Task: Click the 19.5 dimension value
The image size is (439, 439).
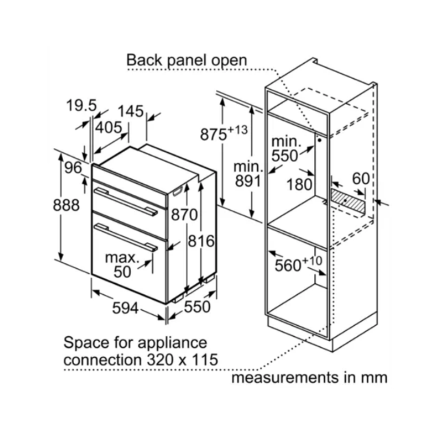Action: pos(82,106)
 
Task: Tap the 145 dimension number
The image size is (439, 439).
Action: pos(130,111)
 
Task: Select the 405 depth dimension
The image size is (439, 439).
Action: pos(108,128)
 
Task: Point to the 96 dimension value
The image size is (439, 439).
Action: pos(73,167)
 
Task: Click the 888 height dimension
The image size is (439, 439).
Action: pos(67,205)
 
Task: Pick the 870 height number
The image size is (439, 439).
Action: pos(185,215)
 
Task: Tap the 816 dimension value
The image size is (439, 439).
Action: pos(201,241)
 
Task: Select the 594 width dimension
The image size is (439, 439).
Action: pos(126,308)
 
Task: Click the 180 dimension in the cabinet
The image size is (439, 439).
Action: pos(300,185)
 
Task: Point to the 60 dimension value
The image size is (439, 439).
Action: pos(361,178)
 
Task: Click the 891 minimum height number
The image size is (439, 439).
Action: pos(248,181)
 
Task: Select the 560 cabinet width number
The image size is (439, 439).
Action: pos(288,265)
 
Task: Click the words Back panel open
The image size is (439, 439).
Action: pos(187,60)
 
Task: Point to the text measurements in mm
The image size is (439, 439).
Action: pos(309,377)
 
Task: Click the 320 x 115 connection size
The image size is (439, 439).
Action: pos(182,359)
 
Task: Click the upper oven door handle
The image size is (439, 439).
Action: pos(126,202)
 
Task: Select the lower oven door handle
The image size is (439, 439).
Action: pos(126,237)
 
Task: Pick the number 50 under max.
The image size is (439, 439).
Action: pos(122,272)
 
